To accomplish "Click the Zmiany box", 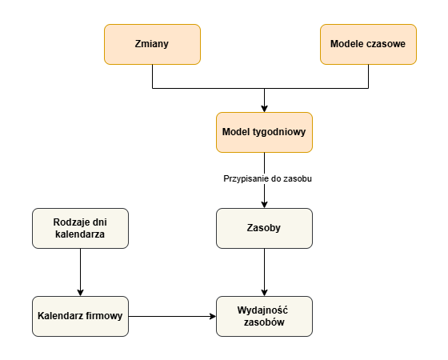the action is [152, 44].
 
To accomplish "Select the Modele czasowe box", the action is [368, 44].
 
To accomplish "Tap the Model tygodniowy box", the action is [264, 132].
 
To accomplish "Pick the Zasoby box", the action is [264, 228].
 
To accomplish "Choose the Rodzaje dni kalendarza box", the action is [80, 228].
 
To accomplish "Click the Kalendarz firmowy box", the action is [80, 316].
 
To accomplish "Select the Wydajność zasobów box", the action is [264, 316].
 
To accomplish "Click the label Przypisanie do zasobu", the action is [267, 179].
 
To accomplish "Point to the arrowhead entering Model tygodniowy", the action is [264, 109].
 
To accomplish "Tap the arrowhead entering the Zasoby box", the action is [264, 205].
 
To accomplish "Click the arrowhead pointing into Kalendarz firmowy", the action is [80, 293].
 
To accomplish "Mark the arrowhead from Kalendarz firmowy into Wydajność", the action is [213, 316].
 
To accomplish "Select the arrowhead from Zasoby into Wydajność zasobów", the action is [264, 293].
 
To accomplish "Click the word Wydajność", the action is [262, 310].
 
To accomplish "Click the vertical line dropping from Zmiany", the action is [152, 76].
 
